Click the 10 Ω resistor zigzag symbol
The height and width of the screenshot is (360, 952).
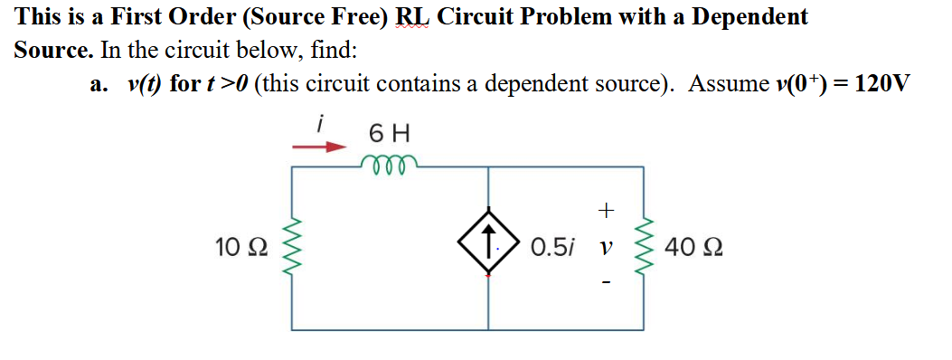(x=291, y=246)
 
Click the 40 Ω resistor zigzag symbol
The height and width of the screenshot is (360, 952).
(x=643, y=246)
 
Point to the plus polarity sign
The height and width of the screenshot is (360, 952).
(x=605, y=211)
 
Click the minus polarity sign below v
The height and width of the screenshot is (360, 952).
(x=605, y=284)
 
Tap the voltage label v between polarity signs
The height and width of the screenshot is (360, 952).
(x=604, y=247)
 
